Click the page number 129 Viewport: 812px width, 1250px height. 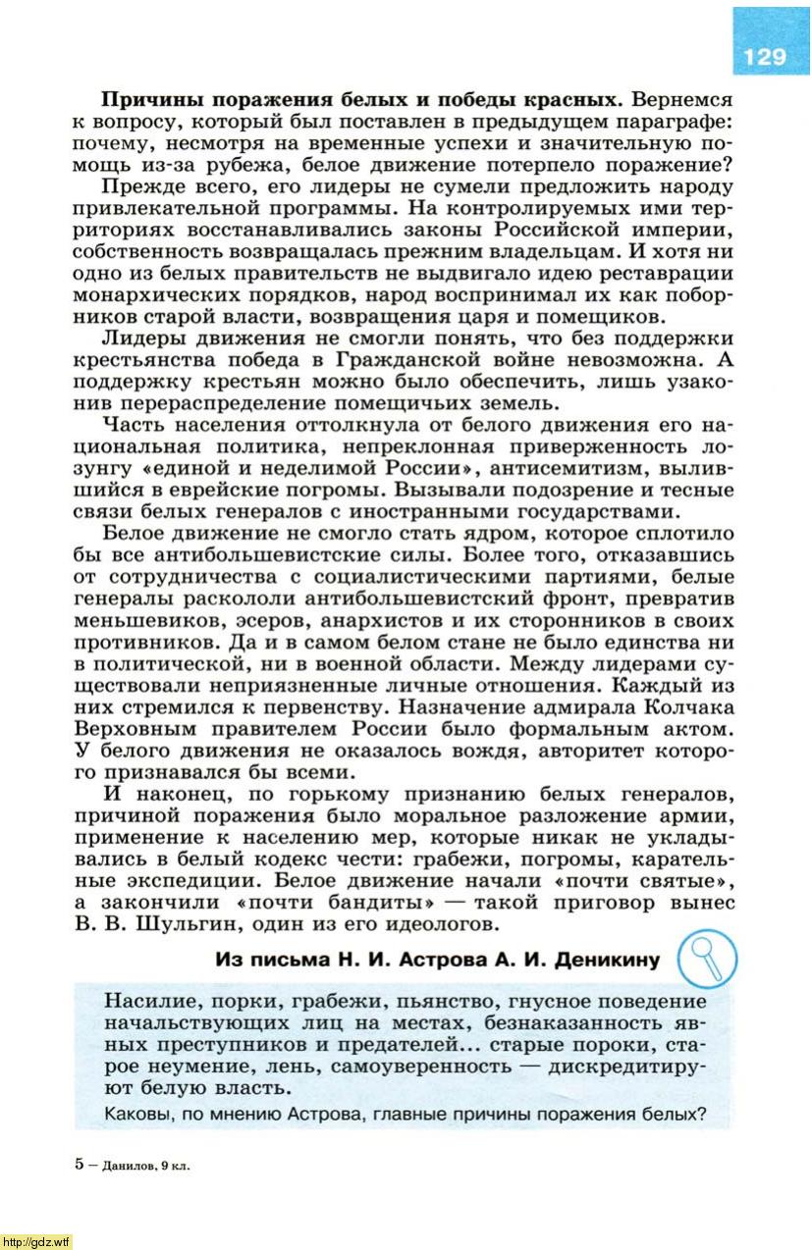[x=765, y=57]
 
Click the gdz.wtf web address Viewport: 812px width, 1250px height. [x=36, y=1241]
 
